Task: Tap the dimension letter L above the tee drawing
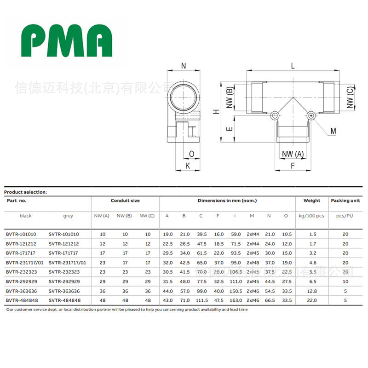(293, 66)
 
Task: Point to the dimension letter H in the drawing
(215, 112)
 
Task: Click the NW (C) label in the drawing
(351, 97)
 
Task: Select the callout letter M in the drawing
(333, 132)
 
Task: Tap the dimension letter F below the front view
(292, 165)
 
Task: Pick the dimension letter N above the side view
(183, 66)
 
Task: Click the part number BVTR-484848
(21, 300)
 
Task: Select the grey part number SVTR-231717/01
(68, 262)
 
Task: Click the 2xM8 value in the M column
(253, 262)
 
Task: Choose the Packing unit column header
(345, 201)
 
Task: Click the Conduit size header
(125, 201)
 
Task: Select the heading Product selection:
(26, 192)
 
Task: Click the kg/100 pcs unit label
(311, 215)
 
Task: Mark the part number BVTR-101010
(21, 234)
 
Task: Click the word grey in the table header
(68, 215)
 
